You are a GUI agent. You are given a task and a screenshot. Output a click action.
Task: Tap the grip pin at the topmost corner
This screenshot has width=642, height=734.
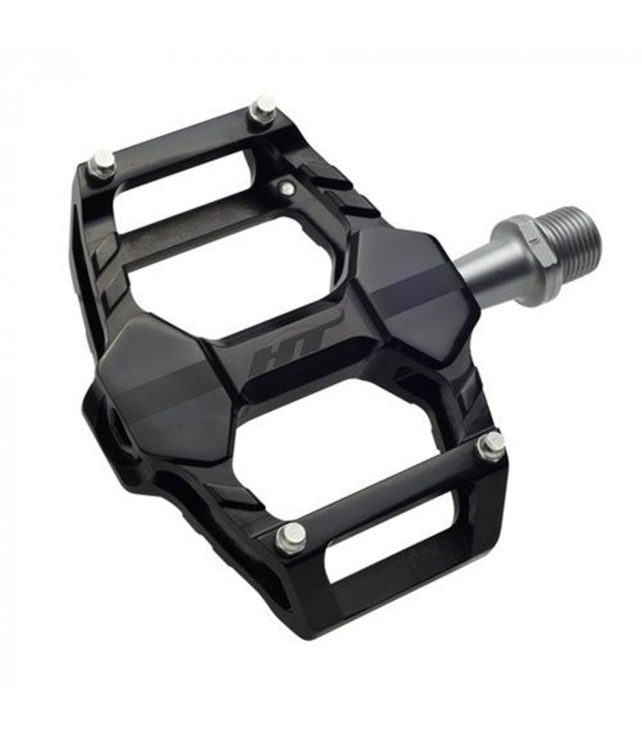point(264,108)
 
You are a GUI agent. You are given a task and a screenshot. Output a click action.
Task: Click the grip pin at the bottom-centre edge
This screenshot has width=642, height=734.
point(292,537)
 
